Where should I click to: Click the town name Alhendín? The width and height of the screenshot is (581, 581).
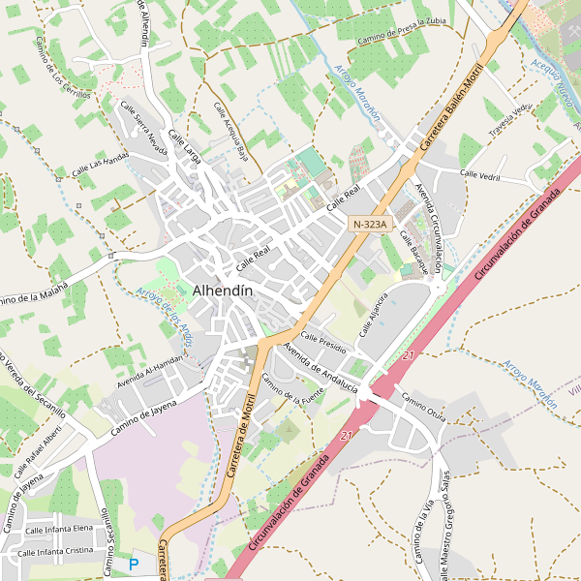coord(223,290)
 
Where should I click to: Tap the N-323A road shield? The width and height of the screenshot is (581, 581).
coord(370,224)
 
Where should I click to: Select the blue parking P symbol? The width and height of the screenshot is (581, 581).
coord(134,564)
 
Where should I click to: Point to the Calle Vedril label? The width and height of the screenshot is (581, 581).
coord(480,174)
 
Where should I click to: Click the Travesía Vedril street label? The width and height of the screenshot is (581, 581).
coord(511,120)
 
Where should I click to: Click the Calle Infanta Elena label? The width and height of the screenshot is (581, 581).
coord(59,530)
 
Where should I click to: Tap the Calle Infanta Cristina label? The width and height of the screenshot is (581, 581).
coord(53,551)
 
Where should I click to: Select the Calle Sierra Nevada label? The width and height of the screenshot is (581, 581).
coord(143,126)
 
